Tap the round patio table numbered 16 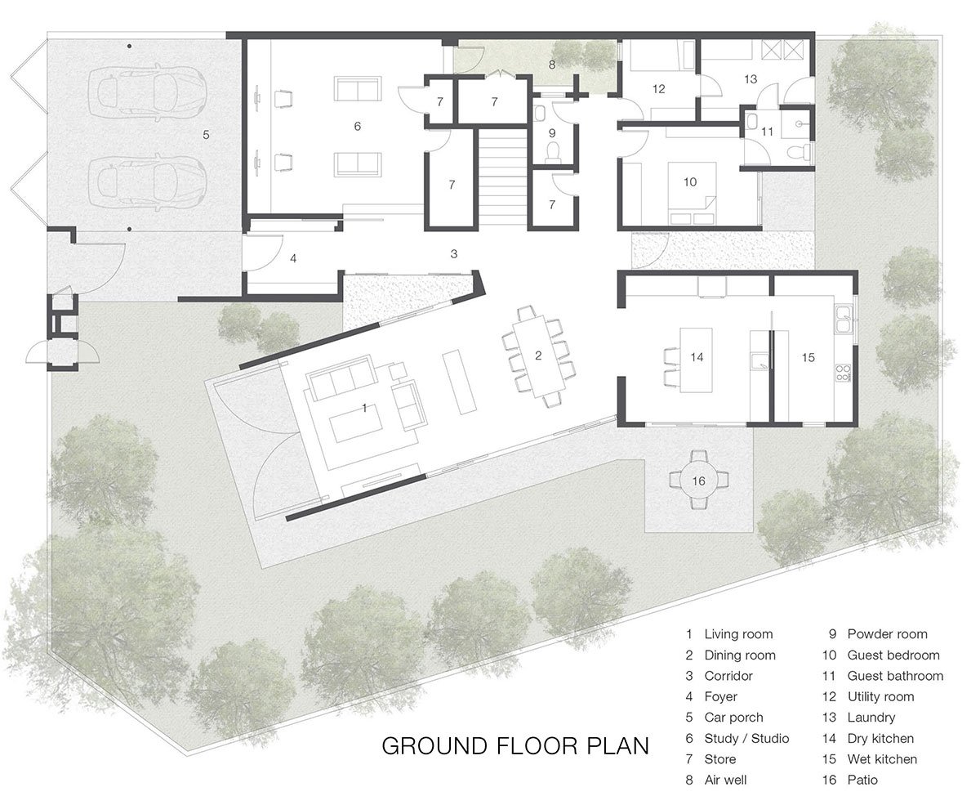[x=698, y=481]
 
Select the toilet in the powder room [x=553, y=151]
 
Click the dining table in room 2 [x=537, y=356]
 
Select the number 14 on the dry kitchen [x=697, y=357]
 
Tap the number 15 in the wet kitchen [x=808, y=357]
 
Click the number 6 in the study [x=357, y=126]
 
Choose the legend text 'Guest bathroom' [x=895, y=676]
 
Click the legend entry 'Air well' [x=725, y=780]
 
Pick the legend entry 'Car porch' [x=733, y=718]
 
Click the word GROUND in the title [x=428, y=745]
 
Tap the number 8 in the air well [x=552, y=64]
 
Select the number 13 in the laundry [x=751, y=79]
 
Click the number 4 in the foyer [x=292, y=258]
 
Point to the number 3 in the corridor [x=454, y=254]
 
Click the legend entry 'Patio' [x=862, y=780]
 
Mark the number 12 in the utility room [x=658, y=89]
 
